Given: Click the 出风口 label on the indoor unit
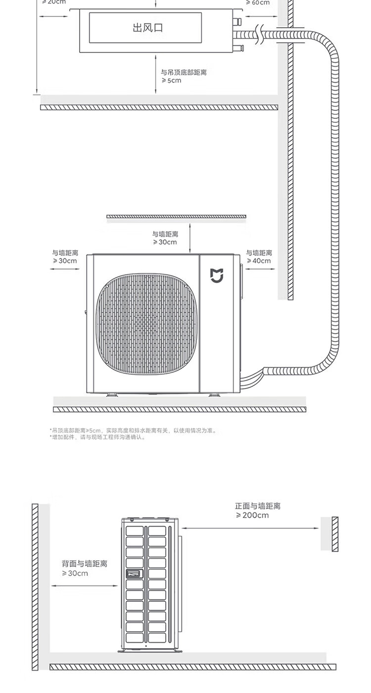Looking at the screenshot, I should [x=147, y=27].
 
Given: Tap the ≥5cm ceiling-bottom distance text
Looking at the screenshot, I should [x=171, y=80].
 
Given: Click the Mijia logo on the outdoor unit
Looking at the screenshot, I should [x=217, y=276].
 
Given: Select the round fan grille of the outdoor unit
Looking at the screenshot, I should [x=146, y=324].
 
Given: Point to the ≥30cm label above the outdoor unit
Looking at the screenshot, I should [x=165, y=242].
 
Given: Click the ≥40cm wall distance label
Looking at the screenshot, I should [x=259, y=261].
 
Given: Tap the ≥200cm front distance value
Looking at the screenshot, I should [x=252, y=515].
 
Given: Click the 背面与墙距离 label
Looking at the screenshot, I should [x=84, y=564].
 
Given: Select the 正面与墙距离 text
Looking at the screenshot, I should [x=258, y=506].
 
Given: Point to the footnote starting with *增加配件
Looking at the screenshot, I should [x=97, y=437].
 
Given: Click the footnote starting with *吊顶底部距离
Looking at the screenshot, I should [x=133, y=431].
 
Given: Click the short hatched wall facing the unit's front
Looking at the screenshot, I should [x=335, y=534].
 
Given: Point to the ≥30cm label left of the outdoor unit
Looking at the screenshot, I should [x=65, y=261].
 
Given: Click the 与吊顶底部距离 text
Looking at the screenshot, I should [x=184, y=72].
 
